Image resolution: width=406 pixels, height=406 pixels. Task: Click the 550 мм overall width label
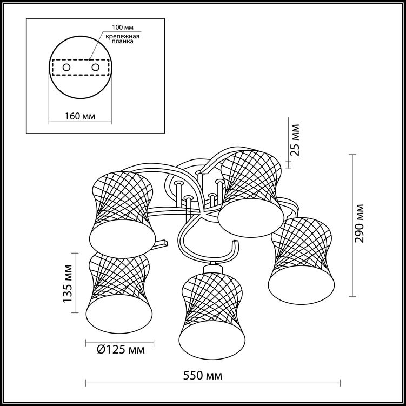[203, 375]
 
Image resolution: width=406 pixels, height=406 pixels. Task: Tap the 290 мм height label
[359, 223]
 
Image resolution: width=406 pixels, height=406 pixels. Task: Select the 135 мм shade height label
[68, 283]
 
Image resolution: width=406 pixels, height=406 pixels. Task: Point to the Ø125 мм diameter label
[121, 350]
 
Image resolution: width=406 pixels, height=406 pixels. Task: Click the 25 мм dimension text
[295, 140]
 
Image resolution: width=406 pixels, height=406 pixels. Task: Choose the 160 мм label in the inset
[80, 116]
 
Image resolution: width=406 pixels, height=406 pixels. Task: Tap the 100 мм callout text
[123, 27]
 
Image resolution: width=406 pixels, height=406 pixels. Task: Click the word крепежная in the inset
[123, 36]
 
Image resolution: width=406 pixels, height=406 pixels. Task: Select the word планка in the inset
[123, 42]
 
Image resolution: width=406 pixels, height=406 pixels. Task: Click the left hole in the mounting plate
[66, 68]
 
